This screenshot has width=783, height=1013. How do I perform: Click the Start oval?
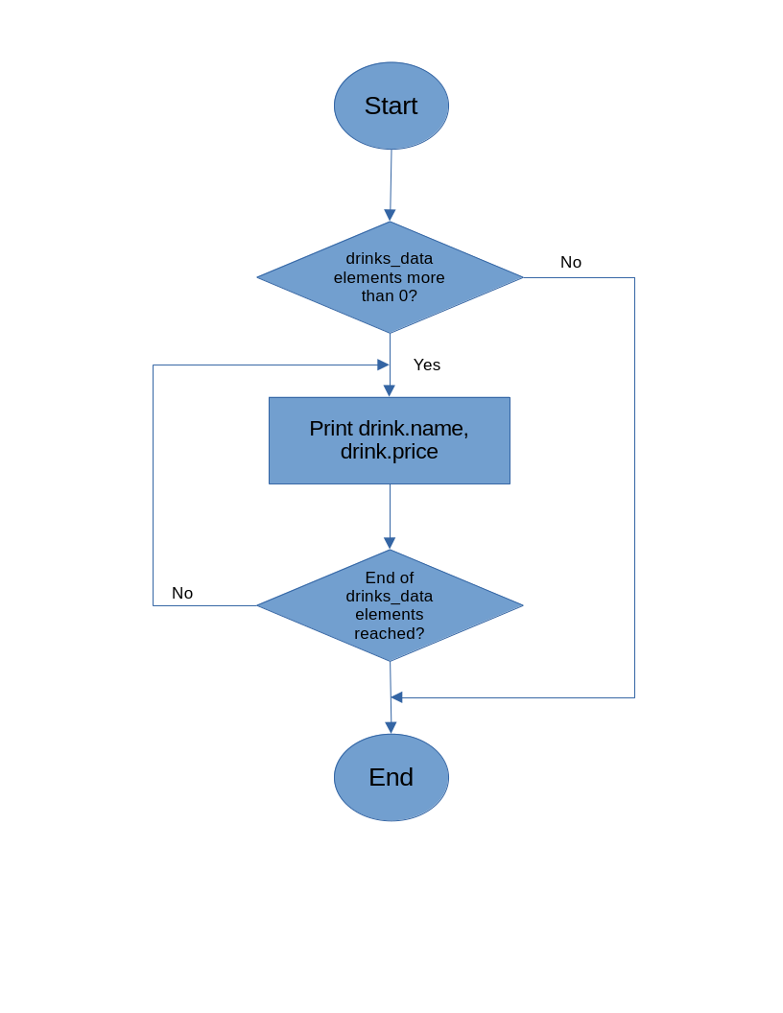tap(391, 106)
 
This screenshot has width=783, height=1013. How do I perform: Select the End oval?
tap(391, 777)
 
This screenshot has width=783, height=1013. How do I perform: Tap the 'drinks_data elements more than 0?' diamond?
tap(390, 277)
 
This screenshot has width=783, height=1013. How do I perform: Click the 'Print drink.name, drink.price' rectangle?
tap(389, 440)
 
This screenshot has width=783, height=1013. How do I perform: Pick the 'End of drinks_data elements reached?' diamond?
tap(390, 605)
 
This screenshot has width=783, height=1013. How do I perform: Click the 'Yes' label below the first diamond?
tap(427, 365)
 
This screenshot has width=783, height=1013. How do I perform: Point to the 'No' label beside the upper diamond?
tap(571, 262)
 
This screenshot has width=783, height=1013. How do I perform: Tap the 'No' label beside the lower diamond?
tap(182, 593)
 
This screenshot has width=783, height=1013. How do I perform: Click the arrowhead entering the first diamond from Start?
tap(390, 215)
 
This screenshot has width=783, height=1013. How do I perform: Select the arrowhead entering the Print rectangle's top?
tap(389, 390)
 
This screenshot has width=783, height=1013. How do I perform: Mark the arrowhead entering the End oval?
tap(391, 727)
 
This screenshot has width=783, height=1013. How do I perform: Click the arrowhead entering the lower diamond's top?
tap(390, 543)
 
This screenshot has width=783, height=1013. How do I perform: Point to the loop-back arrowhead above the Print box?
tap(383, 365)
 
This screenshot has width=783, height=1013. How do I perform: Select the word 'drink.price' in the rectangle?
tap(389, 452)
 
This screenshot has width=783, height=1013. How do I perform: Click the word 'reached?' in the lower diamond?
tap(389, 633)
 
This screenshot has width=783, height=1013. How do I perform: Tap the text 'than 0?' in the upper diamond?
tap(389, 295)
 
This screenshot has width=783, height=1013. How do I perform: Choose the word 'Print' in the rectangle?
tap(331, 429)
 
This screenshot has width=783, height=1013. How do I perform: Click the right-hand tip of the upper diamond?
tap(522, 277)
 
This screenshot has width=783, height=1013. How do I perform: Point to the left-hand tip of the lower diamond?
tap(258, 605)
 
